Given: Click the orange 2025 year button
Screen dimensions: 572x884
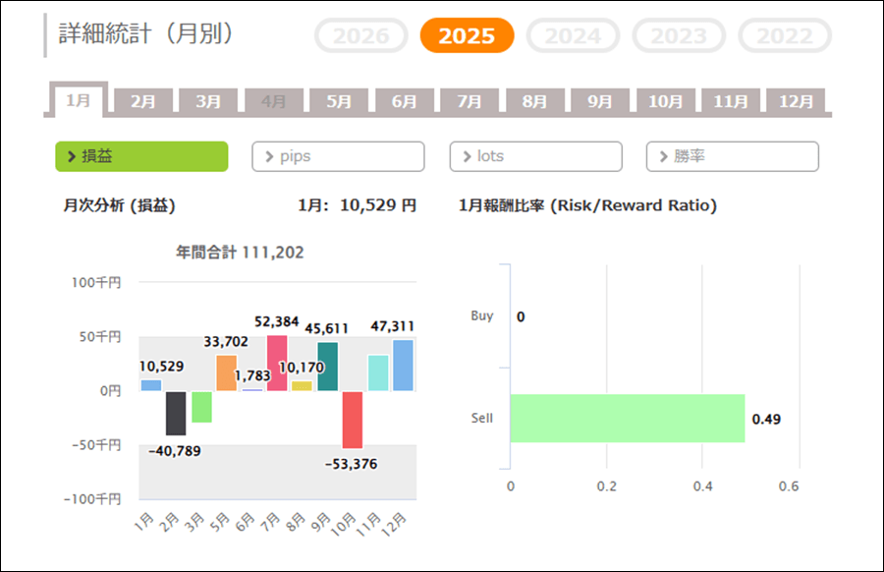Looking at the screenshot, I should [x=467, y=36].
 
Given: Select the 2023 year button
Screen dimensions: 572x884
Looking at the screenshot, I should [x=679, y=36].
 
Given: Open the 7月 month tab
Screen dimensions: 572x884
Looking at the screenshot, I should [x=470, y=101].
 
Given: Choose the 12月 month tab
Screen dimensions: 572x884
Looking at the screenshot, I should [x=796, y=101].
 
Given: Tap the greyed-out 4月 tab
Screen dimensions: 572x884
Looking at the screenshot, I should [x=274, y=101].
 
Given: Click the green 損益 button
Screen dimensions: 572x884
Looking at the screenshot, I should [x=141, y=156].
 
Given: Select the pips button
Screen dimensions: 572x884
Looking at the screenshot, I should [x=338, y=156].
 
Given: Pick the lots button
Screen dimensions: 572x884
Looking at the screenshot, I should [x=535, y=156].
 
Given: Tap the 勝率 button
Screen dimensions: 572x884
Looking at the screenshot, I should [x=732, y=156].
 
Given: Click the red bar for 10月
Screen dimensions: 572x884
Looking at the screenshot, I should [x=353, y=420].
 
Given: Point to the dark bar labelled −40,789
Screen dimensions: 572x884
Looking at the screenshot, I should [x=176, y=413].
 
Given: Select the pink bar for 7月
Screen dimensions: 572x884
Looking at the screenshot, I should [x=277, y=363].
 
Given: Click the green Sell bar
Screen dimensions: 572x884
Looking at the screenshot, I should [x=627, y=419].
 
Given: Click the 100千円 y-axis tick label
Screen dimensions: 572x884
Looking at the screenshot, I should [x=96, y=283].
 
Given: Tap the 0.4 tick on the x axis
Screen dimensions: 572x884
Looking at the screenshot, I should [x=702, y=486].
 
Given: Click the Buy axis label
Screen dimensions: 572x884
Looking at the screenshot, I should [x=482, y=316].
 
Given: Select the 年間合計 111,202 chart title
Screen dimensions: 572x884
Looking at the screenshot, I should [x=240, y=253].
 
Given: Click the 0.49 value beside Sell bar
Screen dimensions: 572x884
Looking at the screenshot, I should [x=766, y=420].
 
